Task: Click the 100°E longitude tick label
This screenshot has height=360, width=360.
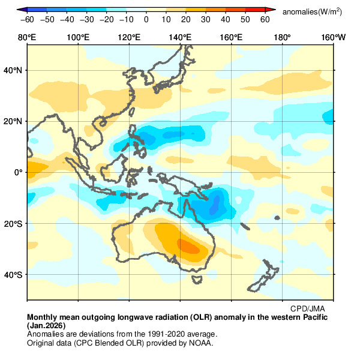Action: pos(78,38)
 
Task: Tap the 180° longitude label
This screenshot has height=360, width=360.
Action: pos(282,38)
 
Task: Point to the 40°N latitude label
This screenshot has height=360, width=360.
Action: pos(14,70)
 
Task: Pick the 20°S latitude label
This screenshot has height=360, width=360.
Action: pos(14,224)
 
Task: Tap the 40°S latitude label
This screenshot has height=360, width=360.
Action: pos(14,275)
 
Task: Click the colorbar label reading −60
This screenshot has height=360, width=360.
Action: pos(26,20)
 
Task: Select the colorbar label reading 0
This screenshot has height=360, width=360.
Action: pos(146,20)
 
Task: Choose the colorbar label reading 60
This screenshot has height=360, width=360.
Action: pos(265,20)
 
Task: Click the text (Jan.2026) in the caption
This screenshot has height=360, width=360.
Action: pos(49,325)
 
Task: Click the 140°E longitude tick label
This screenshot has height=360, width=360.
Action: pos(180,38)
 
